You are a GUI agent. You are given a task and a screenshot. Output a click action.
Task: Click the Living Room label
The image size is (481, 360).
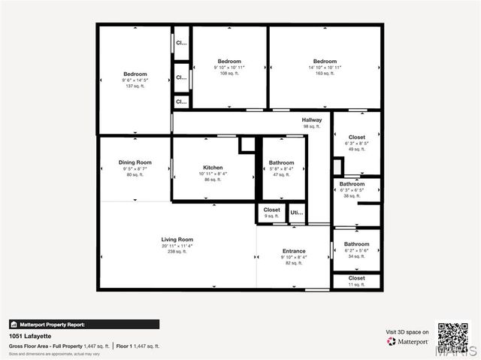point(177,240)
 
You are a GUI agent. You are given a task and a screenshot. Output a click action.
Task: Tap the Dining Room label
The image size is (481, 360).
point(135,162)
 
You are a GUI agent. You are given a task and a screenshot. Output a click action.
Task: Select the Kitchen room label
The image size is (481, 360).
point(213,168)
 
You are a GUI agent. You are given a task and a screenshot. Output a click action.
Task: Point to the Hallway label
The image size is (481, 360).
point(312,120)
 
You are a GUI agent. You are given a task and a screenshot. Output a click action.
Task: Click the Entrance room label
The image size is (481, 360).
point(294,251)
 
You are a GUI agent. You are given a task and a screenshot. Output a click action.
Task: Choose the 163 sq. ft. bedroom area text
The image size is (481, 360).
point(325,74)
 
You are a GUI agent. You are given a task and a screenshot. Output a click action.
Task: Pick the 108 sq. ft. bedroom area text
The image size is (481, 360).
point(229,74)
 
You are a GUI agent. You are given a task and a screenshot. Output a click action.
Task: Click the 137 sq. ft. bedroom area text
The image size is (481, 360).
point(135,86)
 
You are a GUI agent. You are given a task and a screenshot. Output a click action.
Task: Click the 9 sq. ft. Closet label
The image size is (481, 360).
point(271,210)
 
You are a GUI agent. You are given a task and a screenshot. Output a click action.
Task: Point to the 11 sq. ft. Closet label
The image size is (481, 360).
point(357,278)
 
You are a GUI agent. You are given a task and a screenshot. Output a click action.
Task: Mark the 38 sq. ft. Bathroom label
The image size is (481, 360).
point(352,184)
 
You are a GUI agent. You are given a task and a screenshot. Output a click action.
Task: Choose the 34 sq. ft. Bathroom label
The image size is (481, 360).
point(357,244)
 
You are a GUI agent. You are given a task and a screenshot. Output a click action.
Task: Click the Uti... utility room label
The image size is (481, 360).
point(297,212)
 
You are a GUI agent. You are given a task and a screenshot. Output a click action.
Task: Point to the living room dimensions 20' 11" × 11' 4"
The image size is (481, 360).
point(177,246)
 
